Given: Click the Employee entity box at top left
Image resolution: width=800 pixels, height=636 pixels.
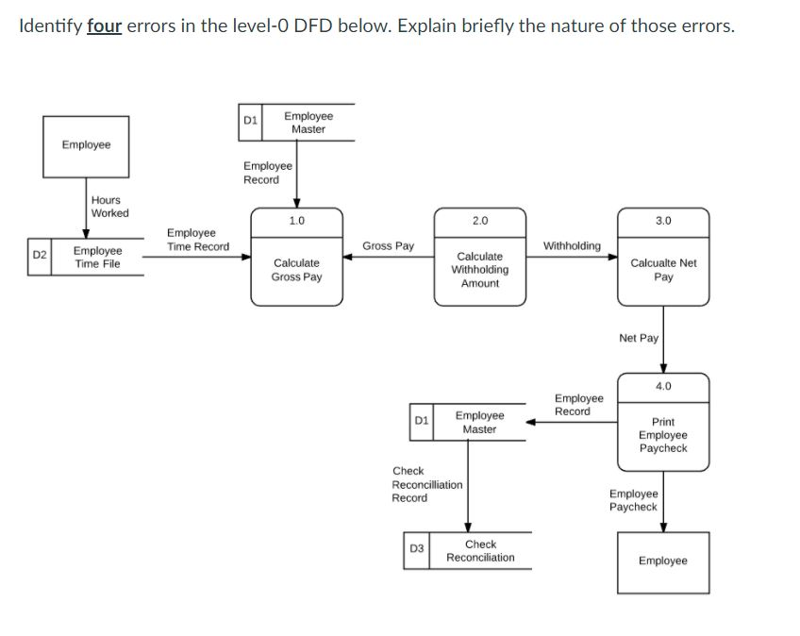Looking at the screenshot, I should pyautogui.click(x=86, y=145).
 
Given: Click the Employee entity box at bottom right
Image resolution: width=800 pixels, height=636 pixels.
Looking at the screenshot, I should pyautogui.click(x=663, y=561).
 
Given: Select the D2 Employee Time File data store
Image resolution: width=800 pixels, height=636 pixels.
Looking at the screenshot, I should pyautogui.click(x=87, y=257).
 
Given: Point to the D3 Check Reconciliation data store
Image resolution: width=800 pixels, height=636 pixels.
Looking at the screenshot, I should pyautogui.click(x=469, y=551).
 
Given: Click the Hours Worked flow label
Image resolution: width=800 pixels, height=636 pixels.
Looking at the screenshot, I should pyautogui.click(x=110, y=206).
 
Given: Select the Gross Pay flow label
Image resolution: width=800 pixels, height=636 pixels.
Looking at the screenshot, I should pyautogui.click(x=388, y=246).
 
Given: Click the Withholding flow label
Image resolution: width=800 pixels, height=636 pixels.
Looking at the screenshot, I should pyautogui.click(x=572, y=246).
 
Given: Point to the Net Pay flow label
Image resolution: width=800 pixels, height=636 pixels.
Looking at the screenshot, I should pyautogui.click(x=639, y=338).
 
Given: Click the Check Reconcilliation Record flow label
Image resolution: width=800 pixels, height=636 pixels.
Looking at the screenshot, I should pyautogui.click(x=426, y=484).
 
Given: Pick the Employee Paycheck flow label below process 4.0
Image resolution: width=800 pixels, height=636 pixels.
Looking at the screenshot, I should pyautogui.click(x=633, y=500).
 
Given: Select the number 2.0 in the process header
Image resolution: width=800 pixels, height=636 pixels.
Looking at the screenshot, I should pyautogui.click(x=479, y=220).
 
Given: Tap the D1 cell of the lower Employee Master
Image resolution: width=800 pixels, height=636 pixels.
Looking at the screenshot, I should pyautogui.click(x=422, y=422).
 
